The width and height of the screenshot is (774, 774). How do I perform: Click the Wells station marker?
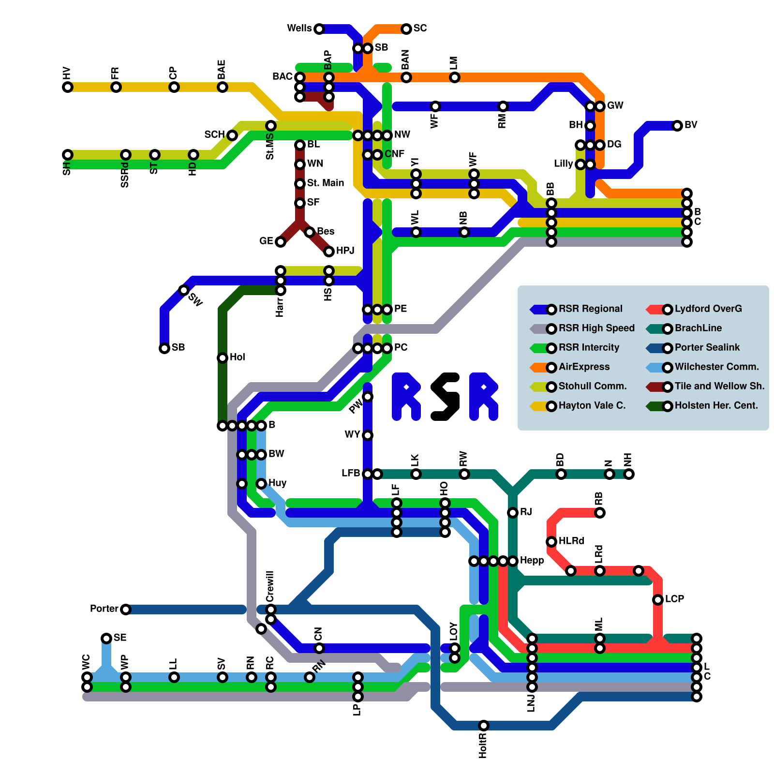(x=319, y=29)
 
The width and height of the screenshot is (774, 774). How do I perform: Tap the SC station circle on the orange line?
(x=406, y=29)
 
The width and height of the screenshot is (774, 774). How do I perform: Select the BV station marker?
(x=677, y=126)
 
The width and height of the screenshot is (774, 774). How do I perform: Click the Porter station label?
(x=104, y=609)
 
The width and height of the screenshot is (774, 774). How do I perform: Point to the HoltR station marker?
(x=484, y=726)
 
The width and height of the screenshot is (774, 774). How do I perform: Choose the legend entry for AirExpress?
(x=584, y=367)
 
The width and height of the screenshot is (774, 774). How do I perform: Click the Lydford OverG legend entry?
(x=708, y=309)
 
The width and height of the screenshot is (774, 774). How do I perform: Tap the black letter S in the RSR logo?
(x=445, y=397)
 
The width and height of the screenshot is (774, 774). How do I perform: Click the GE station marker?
(x=280, y=242)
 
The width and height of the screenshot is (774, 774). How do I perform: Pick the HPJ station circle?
(x=329, y=252)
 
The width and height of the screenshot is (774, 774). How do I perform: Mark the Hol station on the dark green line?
(x=223, y=358)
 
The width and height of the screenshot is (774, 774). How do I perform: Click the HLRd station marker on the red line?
(x=551, y=542)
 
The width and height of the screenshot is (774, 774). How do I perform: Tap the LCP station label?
(x=674, y=599)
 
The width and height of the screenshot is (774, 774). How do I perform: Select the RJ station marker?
(x=513, y=513)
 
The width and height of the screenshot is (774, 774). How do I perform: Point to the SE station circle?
(x=106, y=639)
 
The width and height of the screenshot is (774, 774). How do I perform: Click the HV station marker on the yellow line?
(x=68, y=87)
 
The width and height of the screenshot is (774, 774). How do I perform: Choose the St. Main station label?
(x=326, y=183)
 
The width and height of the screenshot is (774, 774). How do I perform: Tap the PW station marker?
(x=368, y=397)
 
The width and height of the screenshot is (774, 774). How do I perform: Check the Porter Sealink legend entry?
(x=707, y=348)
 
